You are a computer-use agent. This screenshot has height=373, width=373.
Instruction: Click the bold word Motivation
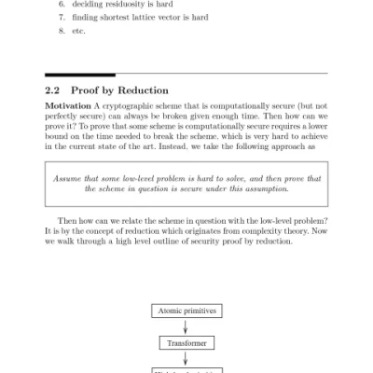tap(69, 107)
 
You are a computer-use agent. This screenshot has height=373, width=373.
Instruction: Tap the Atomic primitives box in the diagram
tap(186, 310)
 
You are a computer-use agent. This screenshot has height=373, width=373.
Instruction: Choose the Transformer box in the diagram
tap(186, 343)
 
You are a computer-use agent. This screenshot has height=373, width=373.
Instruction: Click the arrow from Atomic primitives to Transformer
tap(186, 326)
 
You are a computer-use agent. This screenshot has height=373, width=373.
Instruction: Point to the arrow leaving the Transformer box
tap(186, 359)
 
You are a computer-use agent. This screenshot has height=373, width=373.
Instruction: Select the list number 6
tap(62, 3)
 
